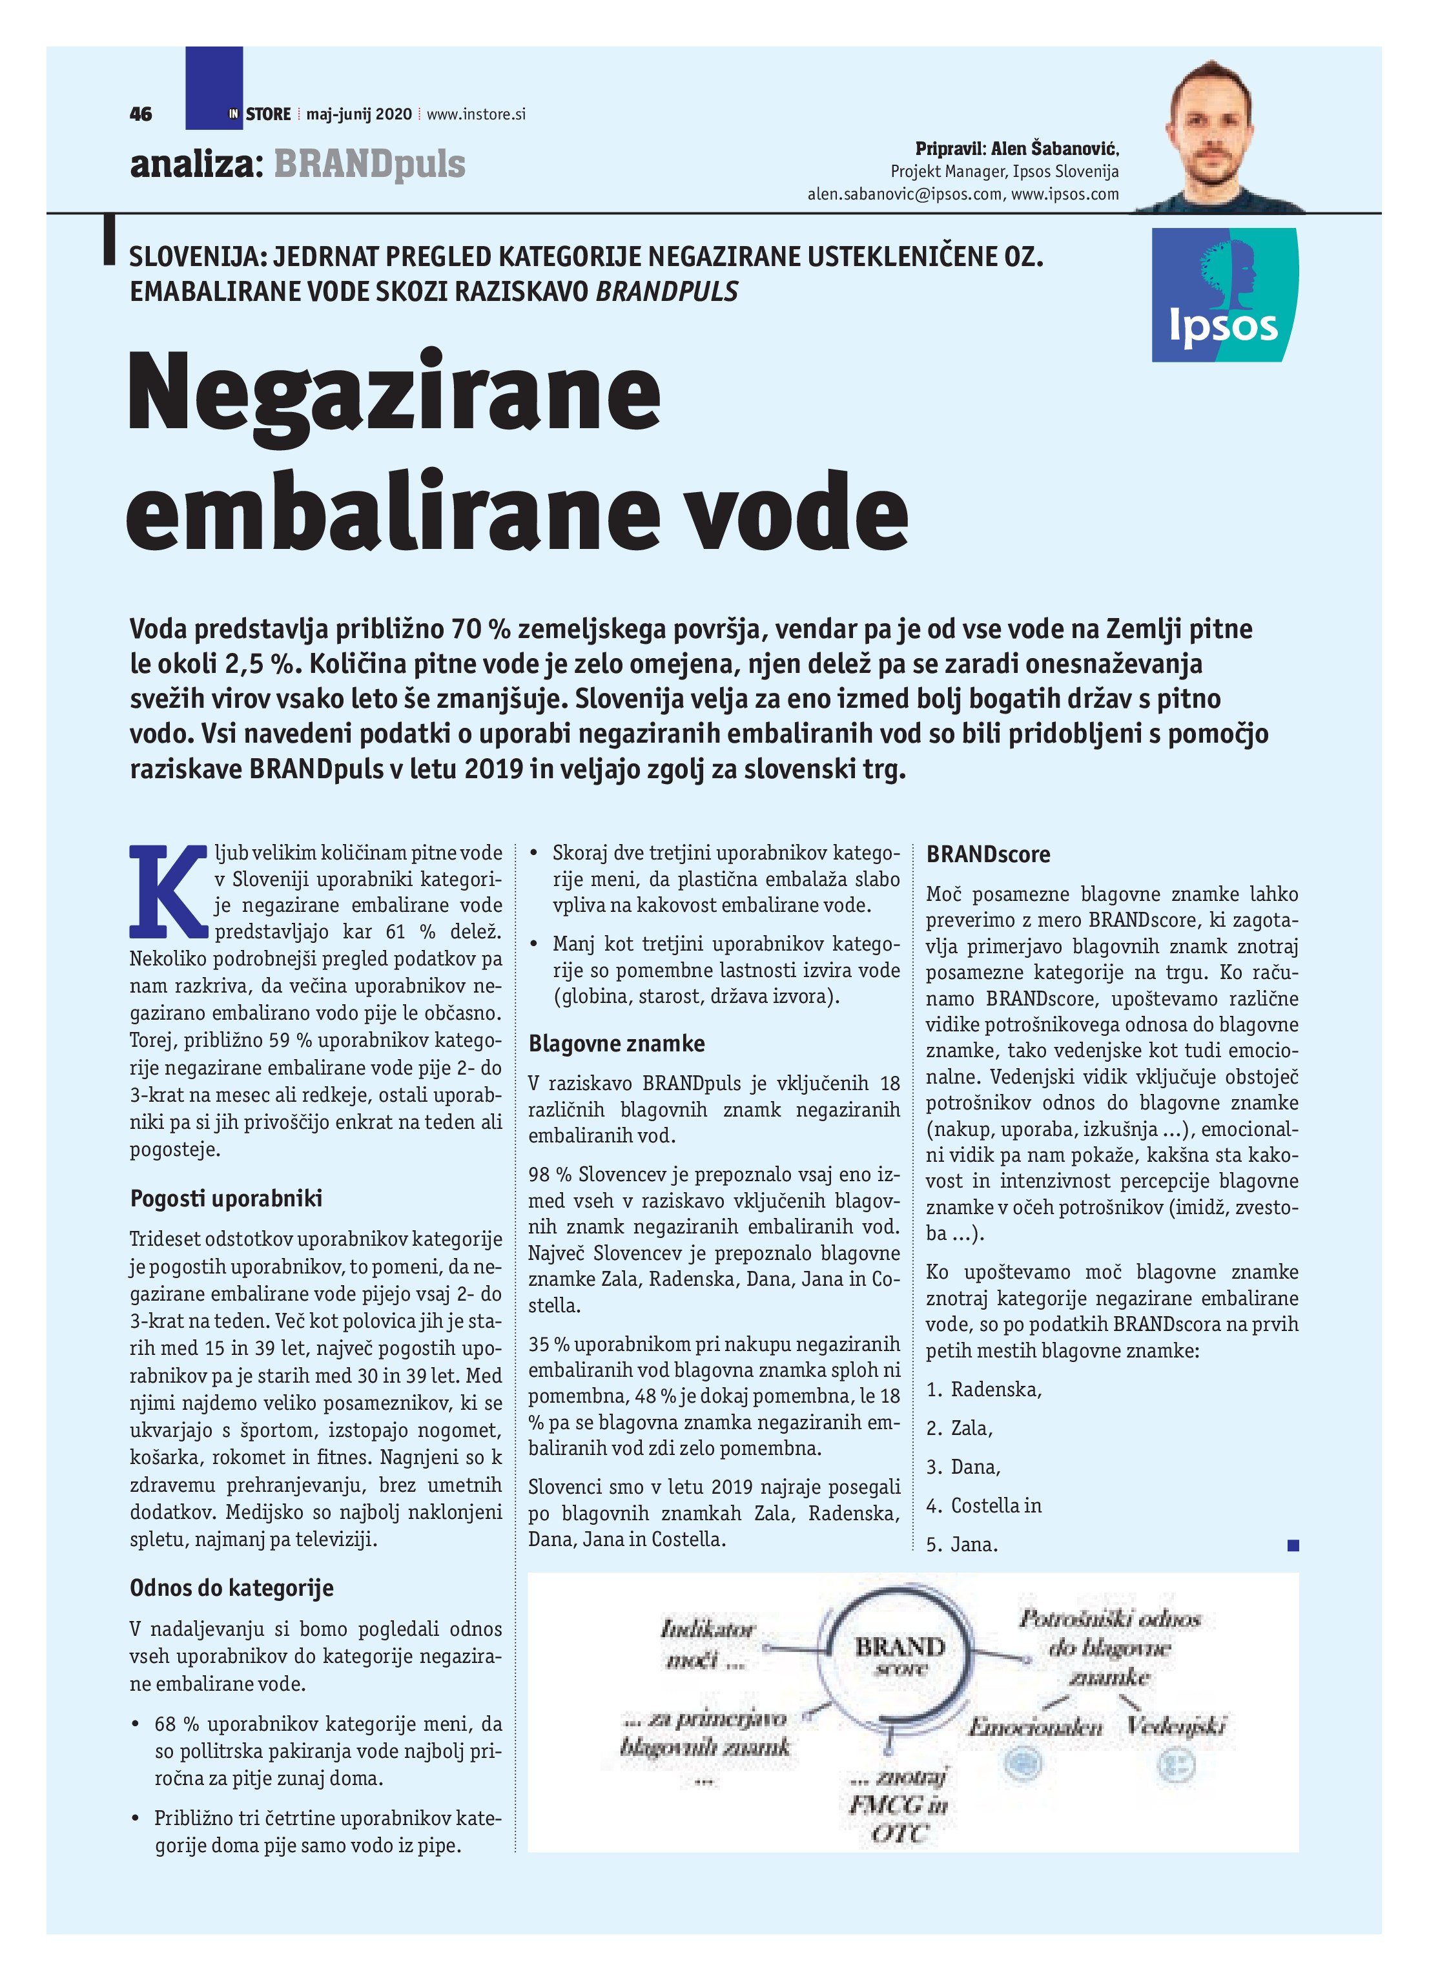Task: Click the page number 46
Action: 141,114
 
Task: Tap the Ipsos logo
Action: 1224,295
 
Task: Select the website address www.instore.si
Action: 477,114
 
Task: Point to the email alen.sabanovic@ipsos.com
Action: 905,194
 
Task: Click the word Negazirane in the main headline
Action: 394,391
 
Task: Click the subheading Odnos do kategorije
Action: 232,1588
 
